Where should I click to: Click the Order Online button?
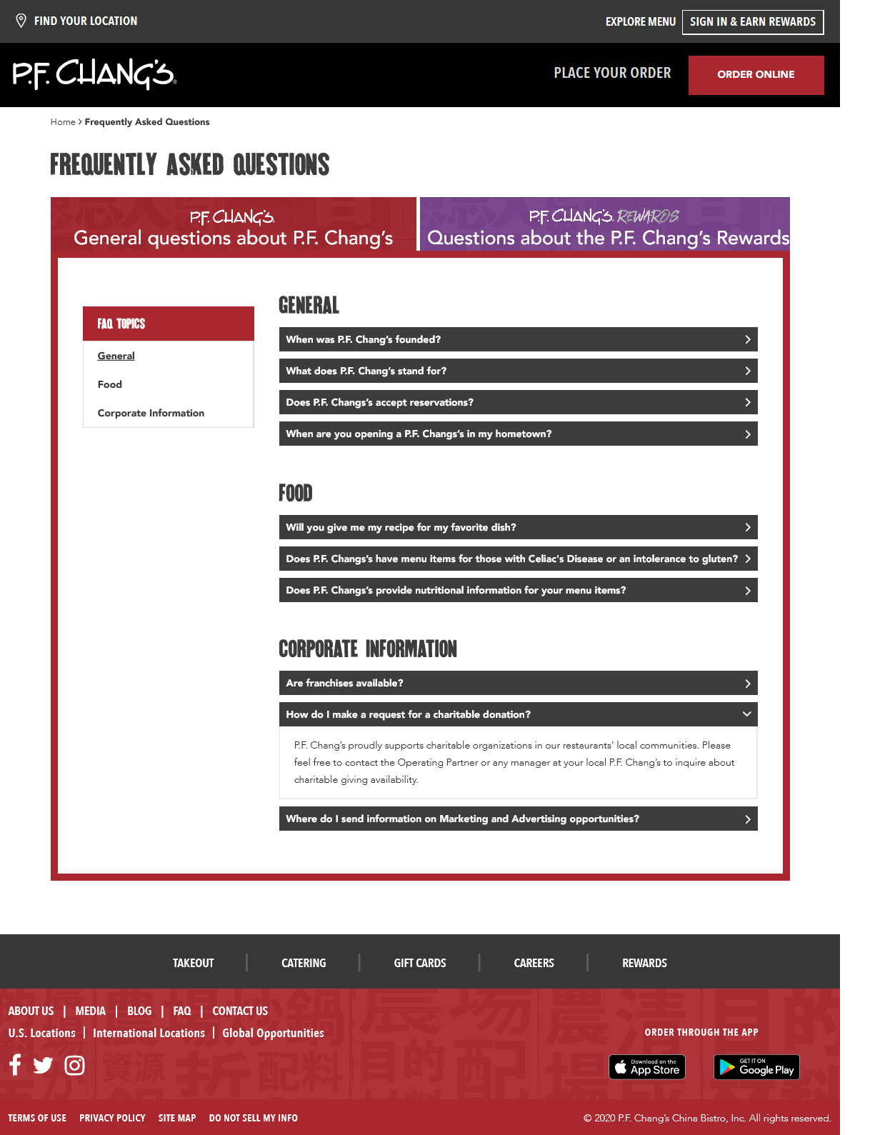[x=756, y=75]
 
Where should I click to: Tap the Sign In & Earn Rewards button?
[x=753, y=22]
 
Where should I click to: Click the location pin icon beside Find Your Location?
[x=21, y=21]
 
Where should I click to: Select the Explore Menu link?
[x=640, y=22]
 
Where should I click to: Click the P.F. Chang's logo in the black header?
[x=94, y=74]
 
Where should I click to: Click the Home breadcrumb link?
[x=63, y=122]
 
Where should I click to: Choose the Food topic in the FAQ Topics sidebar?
[x=110, y=384]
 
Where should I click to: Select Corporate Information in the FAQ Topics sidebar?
[x=151, y=413]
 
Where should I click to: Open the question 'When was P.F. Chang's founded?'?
[x=518, y=339]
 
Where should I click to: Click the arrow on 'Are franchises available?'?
[x=747, y=684]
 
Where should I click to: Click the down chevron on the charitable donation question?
[x=747, y=714]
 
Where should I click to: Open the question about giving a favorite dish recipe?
[x=518, y=527]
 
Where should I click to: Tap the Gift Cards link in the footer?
[x=420, y=963]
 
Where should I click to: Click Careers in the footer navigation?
[x=534, y=963]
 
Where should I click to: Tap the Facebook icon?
[x=15, y=1065]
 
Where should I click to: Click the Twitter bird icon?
[x=43, y=1066]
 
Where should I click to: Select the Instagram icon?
[x=74, y=1066]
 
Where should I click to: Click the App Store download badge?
[x=647, y=1067]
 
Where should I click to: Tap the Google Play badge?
[x=756, y=1067]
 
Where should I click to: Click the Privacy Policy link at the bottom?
[x=112, y=1118]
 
